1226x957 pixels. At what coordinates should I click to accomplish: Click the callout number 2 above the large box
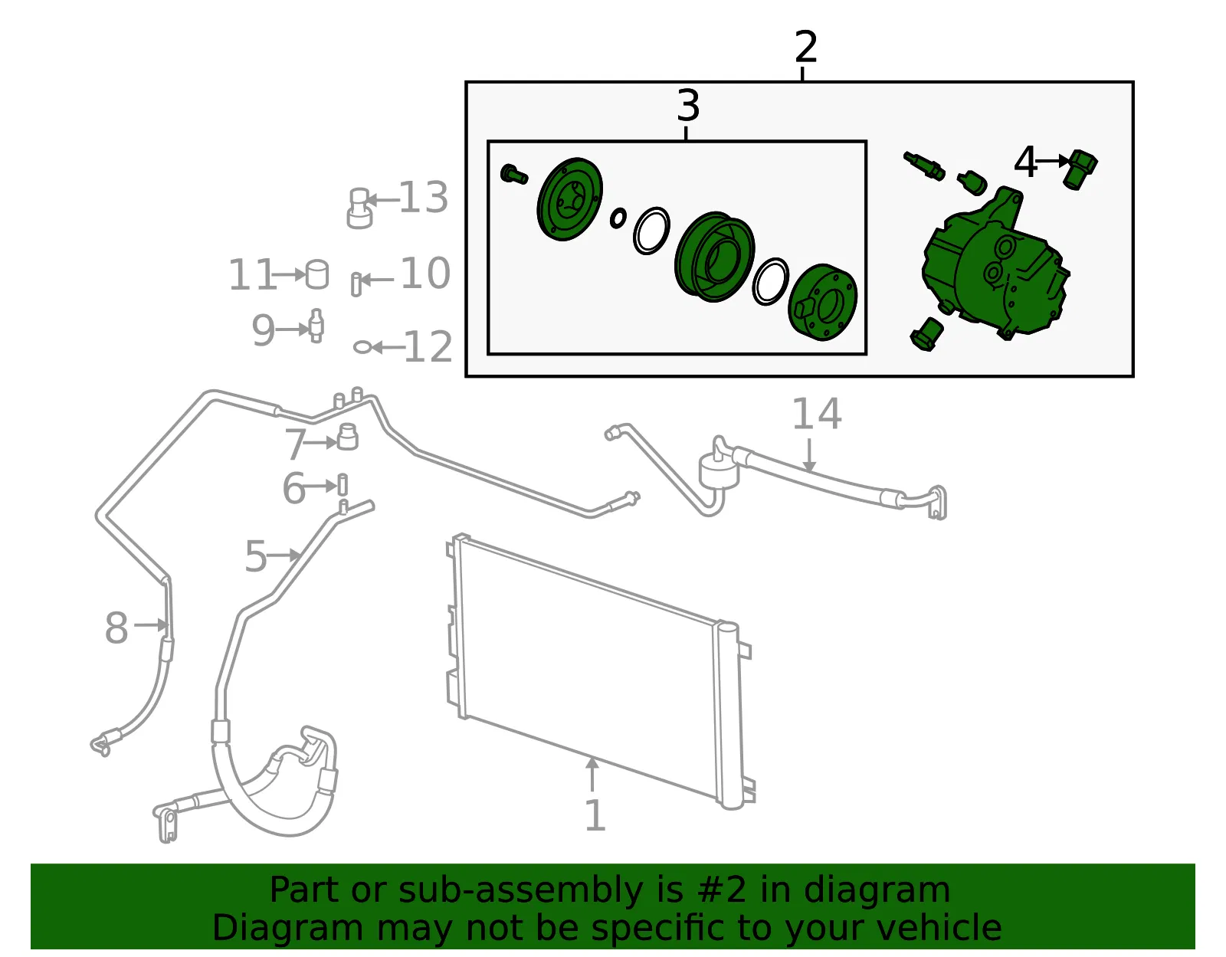805,47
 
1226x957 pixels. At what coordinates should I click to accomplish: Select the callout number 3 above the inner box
688,106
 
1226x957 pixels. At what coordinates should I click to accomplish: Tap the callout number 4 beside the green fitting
1025,162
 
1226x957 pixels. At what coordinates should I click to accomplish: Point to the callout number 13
424,198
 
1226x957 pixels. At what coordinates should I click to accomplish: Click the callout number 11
251,274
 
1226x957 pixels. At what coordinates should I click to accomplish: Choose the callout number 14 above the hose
817,414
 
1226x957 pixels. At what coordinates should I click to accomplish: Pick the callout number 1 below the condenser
594,815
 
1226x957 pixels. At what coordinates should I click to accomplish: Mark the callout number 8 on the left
116,627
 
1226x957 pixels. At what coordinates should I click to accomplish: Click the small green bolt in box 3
513,174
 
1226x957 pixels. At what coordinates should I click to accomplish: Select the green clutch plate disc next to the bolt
569,199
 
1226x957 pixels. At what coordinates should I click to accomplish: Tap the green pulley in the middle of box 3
714,257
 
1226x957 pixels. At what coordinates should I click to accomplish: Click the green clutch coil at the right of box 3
823,302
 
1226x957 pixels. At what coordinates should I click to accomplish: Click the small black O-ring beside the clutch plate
618,218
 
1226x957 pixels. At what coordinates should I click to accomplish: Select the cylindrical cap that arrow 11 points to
317,274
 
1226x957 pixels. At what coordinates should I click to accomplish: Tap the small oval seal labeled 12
362,347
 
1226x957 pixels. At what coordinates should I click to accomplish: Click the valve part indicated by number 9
316,326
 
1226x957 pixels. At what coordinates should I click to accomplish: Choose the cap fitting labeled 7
348,437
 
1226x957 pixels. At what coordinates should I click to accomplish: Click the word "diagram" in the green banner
877,890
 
